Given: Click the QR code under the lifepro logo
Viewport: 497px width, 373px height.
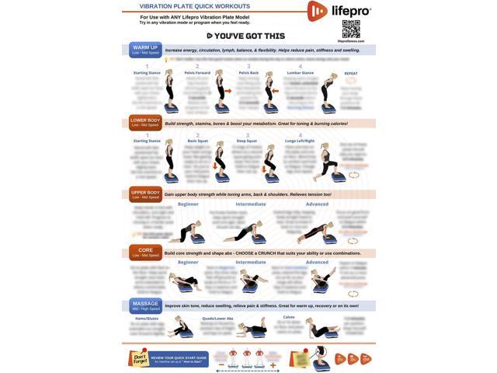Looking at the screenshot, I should (351, 29).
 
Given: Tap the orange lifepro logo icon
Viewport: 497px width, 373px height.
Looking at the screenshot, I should (317, 11).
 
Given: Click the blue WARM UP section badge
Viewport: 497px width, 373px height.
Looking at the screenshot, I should (144, 49).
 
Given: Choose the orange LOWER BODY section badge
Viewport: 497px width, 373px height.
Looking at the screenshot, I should (144, 122).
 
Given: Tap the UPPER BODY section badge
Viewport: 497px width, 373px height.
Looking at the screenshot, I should (144, 194).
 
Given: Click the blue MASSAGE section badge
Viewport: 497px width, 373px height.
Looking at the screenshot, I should (144, 305).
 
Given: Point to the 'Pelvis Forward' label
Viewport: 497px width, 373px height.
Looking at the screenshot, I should (198, 73).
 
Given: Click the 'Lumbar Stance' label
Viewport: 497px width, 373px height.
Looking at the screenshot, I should (301, 73).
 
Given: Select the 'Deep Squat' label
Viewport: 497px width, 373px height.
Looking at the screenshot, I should (248, 141).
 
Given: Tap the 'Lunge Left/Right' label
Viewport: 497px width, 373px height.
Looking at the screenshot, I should (301, 141).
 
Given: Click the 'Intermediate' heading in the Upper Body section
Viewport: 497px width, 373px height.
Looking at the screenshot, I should (251, 204).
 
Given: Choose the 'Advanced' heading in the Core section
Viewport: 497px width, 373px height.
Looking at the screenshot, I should (317, 263).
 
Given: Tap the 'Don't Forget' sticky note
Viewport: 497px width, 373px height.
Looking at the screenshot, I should (139, 358).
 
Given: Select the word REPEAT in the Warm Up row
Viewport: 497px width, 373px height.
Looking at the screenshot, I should (351, 73).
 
